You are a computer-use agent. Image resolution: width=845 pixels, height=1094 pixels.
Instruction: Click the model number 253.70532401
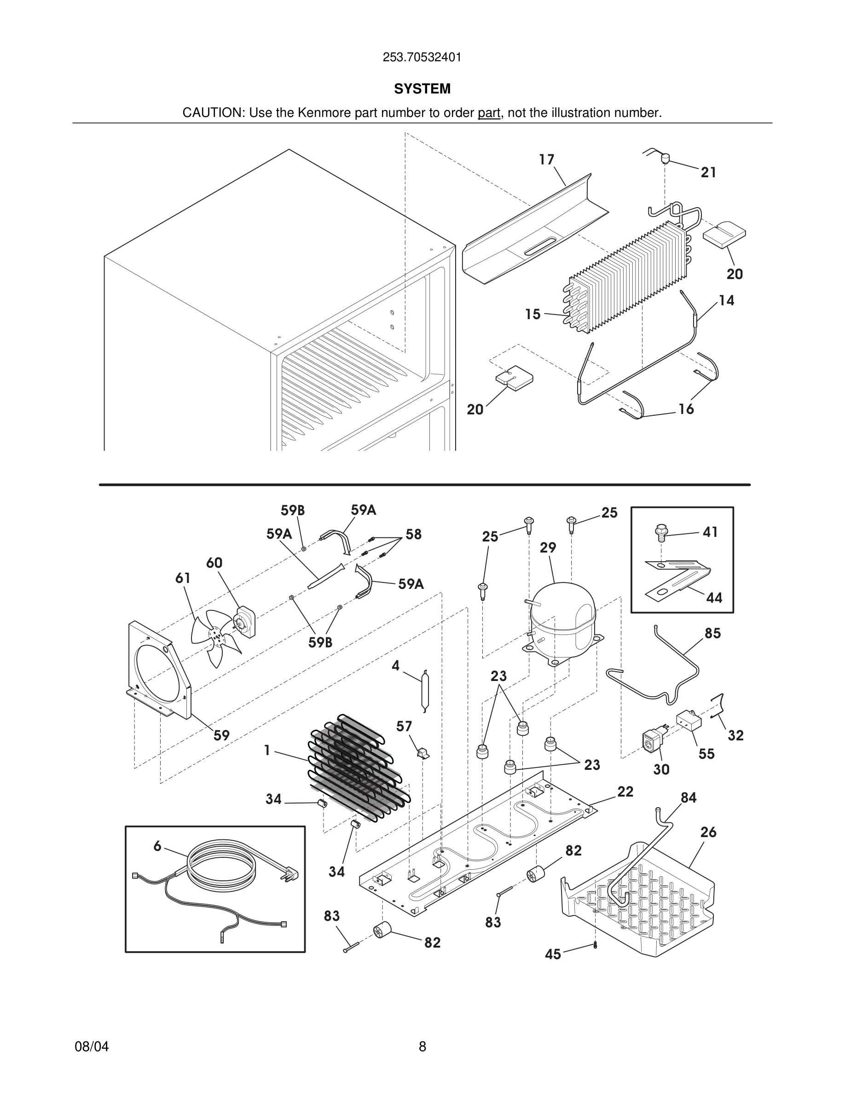(x=422, y=58)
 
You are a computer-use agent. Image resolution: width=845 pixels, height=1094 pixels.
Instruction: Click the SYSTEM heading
(x=422, y=89)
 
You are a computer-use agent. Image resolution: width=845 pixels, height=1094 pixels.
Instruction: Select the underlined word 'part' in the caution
(x=489, y=113)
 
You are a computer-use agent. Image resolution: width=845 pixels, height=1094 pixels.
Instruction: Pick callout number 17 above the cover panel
(x=547, y=159)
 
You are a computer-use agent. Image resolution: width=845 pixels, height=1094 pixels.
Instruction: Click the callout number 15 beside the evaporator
(x=532, y=314)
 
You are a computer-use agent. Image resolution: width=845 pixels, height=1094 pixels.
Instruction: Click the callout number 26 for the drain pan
(x=708, y=832)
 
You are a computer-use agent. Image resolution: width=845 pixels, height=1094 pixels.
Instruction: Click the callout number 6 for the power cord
(x=157, y=846)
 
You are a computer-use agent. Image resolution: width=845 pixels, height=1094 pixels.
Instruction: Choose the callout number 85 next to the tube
(x=712, y=633)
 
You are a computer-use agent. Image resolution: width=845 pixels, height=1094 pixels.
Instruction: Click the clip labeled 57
(x=423, y=753)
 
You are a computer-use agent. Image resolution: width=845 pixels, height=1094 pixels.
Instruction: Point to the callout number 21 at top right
(x=708, y=172)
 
